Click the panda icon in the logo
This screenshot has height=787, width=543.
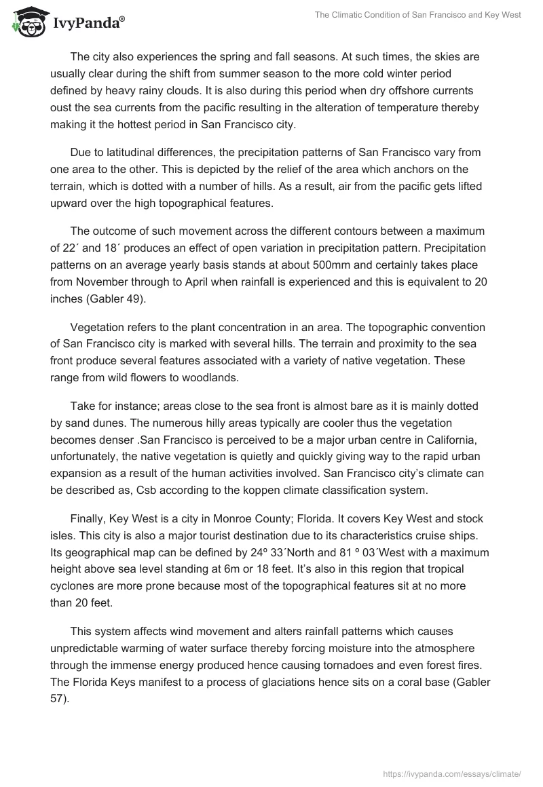[25, 20]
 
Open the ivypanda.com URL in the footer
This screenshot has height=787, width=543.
[451, 773]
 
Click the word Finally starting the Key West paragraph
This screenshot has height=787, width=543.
[88, 518]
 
